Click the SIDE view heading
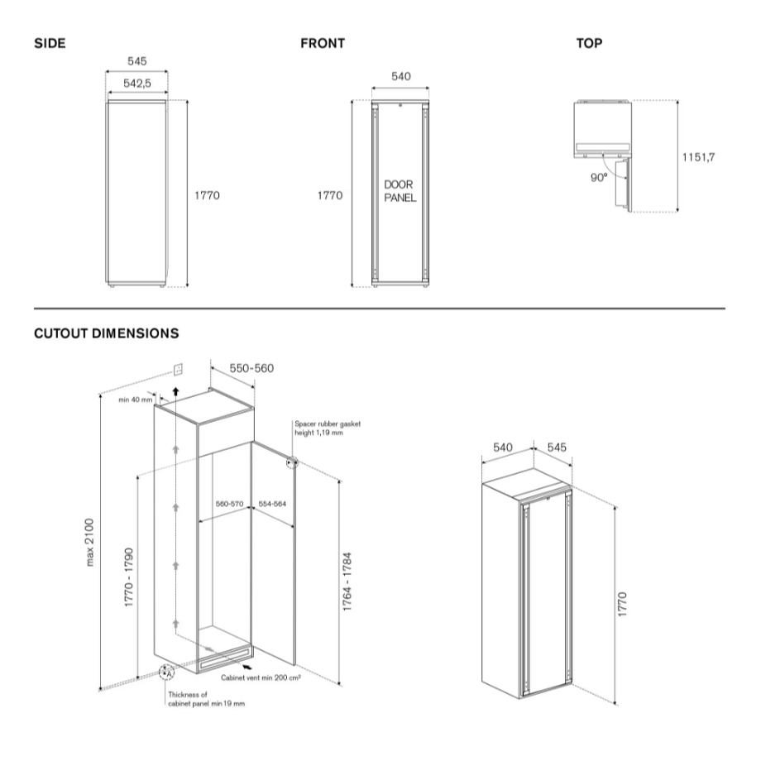click(x=50, y=43)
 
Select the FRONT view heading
click(x=323, y=43)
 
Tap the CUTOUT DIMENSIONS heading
click(x=106, y=334)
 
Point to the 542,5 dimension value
click(x=137, y=84)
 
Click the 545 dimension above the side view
click(x=137, y=61)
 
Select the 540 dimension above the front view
click(x=400, y=77)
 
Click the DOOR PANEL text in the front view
click(x=400, y=192)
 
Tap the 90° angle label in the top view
click(x=599, y=175)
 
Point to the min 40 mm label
click(x=136, y=400)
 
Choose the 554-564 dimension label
click(x=272, y=503)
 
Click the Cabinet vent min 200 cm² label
click(x=261, y=677)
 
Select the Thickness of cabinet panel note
click(x=206, y=699)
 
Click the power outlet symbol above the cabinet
click(x=178, y=367)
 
